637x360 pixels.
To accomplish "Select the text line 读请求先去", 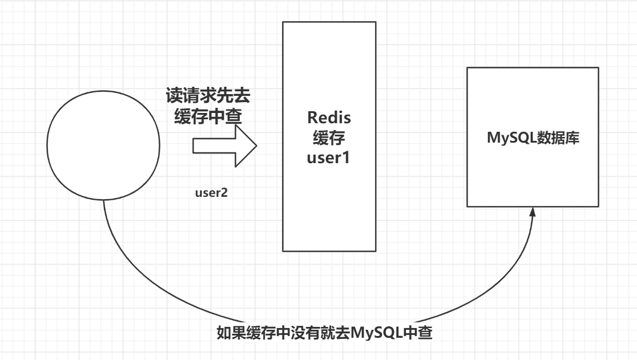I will tap(208, 95).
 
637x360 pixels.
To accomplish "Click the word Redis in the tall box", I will tap(330, 118).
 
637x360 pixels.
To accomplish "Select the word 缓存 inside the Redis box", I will tap(330, 139).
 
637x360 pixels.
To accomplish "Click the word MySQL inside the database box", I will tap(506, 137).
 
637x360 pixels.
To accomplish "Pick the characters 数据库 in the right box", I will tap(555, 137).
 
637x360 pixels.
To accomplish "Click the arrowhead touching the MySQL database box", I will tap(532, 212).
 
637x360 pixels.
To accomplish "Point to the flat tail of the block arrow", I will tap(195, 145).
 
